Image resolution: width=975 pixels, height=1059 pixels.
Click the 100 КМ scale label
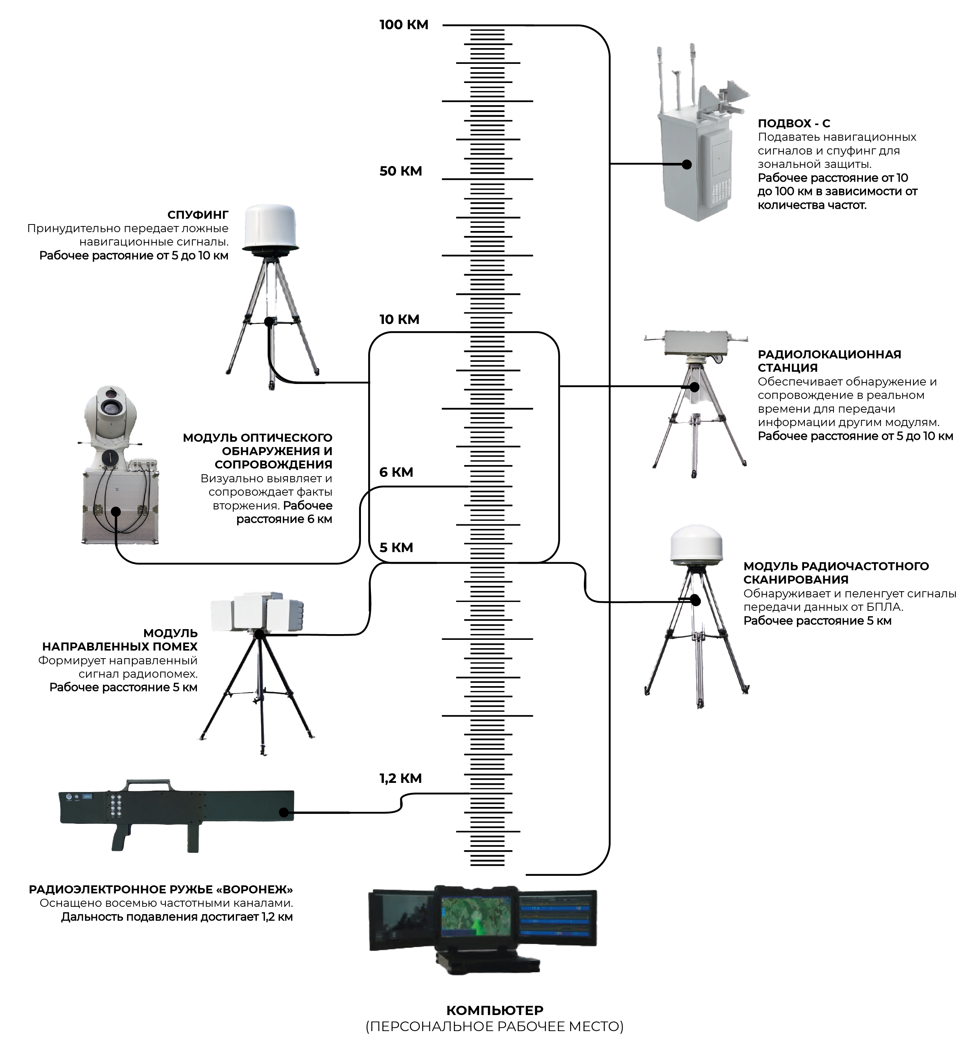404,25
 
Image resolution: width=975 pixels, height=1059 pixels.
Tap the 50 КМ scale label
400,171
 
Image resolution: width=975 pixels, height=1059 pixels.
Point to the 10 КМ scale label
399,319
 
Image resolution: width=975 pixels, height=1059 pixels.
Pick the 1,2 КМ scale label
400,778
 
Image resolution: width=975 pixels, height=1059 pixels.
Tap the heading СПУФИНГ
198,215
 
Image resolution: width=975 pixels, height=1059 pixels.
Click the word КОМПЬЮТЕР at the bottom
494,1010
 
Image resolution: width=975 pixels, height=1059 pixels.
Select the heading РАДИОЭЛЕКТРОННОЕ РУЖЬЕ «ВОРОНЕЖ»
161,890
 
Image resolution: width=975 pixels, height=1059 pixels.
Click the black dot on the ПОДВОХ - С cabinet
686,164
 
